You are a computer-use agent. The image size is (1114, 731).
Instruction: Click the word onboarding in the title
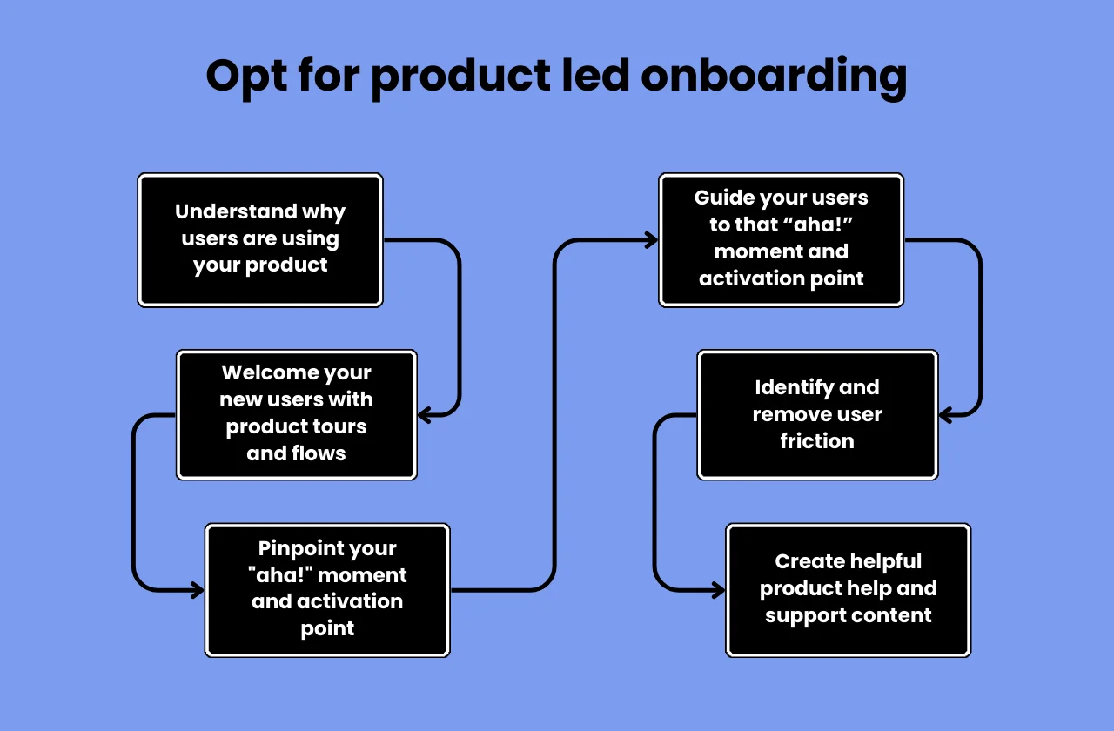pos(774,77)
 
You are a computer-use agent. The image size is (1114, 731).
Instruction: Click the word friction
pos(816,441)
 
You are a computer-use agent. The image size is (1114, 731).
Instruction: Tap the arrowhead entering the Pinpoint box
pos(197,591)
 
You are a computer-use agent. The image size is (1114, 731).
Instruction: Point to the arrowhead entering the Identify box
pos(947,415)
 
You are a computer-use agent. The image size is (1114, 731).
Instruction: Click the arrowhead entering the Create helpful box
pos(718,591)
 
